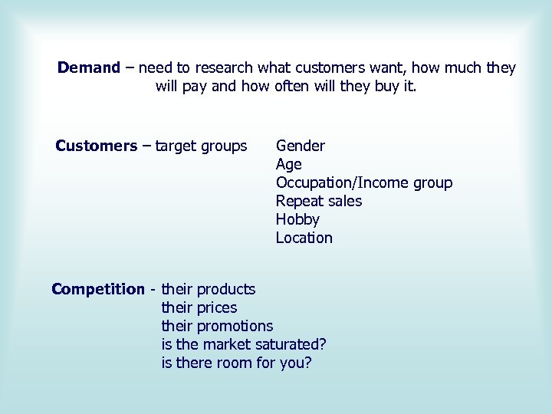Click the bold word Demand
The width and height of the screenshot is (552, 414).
coord(89,68)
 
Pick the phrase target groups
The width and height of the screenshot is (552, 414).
coord(201,146)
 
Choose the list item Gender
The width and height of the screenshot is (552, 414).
coord(301,146)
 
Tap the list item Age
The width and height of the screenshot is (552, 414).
coord(289,164)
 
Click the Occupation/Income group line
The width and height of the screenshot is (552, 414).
coord(364,182)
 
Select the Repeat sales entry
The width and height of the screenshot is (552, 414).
coord(319,201)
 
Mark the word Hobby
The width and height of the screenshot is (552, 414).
coord(297,219)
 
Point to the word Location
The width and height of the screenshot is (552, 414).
coord(304,238)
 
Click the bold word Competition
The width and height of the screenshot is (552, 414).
coord(98,289)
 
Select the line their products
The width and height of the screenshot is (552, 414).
coord(209,289)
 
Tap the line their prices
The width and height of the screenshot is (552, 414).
coord(199,307)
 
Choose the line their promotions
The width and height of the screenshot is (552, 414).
coord(217,326)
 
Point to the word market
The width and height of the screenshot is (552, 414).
coord(230,344)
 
